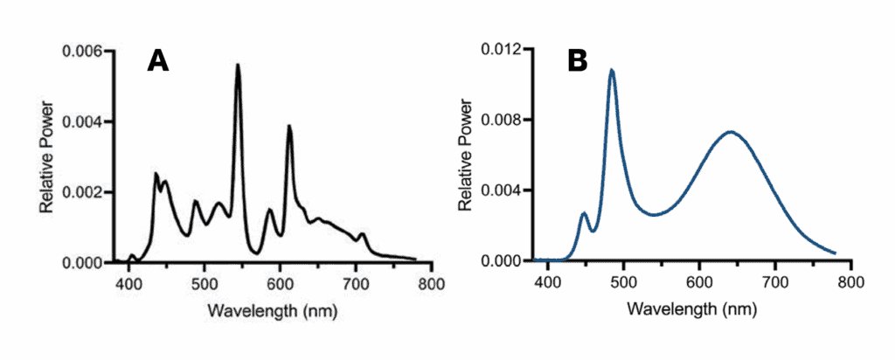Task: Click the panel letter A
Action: (157, 60)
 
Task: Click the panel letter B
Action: (577, 60)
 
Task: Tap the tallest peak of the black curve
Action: (237, 65)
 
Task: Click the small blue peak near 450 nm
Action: (584, 213)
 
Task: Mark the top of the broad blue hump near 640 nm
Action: (731, 132)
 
